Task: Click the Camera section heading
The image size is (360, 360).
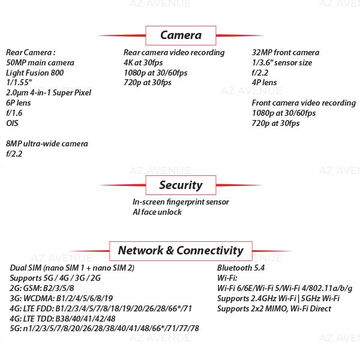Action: (x=181, y=35)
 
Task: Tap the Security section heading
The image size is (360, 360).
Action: (x=181, y=185)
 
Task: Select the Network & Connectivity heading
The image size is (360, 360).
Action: (x=181, y=250)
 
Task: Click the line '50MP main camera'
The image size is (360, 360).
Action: (x=40, y=62)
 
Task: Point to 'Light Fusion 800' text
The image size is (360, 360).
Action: (x=35, y=73)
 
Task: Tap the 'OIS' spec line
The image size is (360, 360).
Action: (x=12, y=123)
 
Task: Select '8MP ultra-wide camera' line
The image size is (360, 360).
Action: (x=47, y=144)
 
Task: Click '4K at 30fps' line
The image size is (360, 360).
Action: (x=143, y=62)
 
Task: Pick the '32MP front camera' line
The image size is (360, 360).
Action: (x=286, y=53)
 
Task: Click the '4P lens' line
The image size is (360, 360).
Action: (x=264, y=82)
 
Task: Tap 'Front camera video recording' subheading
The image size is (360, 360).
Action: (x=304, y=103)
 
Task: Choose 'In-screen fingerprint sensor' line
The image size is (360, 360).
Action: (x=181, y=202)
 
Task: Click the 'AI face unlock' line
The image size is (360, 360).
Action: (x=157, y=212)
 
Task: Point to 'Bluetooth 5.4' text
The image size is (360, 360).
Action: (x=241, y=268)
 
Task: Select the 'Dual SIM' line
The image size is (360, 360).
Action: (x=72, y=268)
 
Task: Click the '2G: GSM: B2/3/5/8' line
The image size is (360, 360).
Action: (x=42, y=289)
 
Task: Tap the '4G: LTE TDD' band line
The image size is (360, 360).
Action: (x=62, y=319)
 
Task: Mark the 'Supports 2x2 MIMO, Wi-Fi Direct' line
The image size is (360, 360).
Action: (x=274, y=308)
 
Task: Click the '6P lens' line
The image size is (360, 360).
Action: (x=19, y=103)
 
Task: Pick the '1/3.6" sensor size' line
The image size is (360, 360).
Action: (x=282, y=62)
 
